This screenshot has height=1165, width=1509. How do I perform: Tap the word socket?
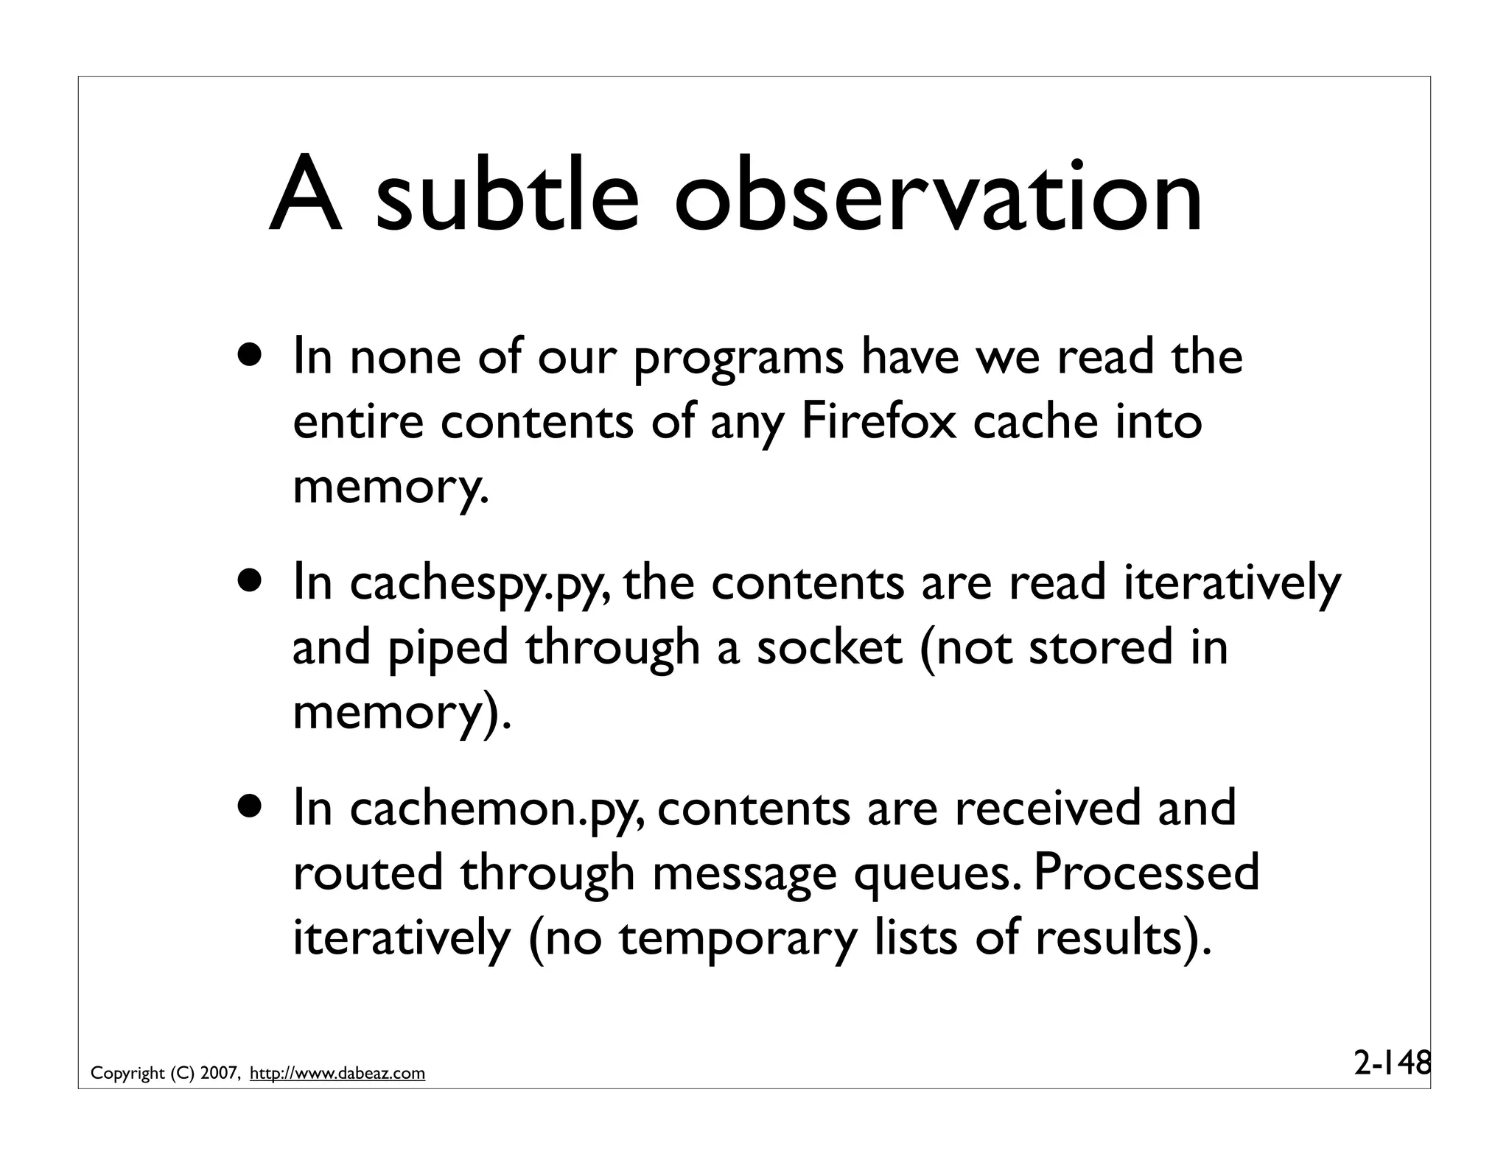click(x=829, y=647)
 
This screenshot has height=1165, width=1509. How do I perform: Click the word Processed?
click(x=1146, y=872)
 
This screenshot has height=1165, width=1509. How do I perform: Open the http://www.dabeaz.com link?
click(x=337, y=1074)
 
